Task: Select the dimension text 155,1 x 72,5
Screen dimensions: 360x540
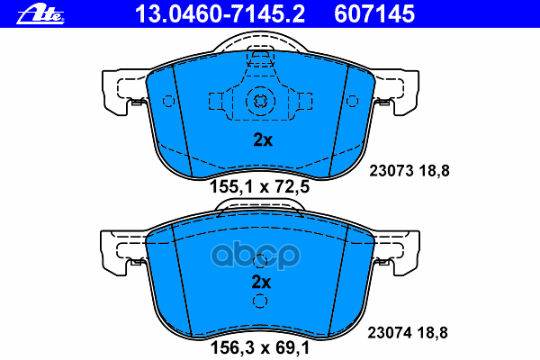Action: (x=259, y=187)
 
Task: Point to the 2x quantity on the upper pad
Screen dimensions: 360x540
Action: (x=261, y=139)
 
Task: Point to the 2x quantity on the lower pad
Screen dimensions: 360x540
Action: (x=261, y=283)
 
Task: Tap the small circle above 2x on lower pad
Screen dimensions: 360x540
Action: (x=260, y=262)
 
